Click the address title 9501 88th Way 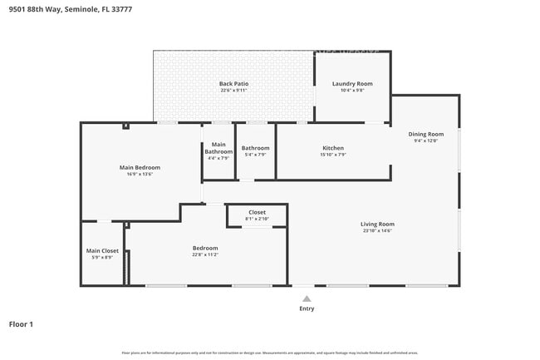tap(70, 9)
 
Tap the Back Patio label tap(233, 83)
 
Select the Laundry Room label tap(352, 83)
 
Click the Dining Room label tap(425, 134)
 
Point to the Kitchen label tap(332, 148)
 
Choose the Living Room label tap(377, 224)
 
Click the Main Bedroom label tap(139, 167)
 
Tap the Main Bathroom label tap(218, 148)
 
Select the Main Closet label tap(102, 250)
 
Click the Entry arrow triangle tap(307, 298)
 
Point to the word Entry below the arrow tap(307, 308)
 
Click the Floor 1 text tap(21, 323)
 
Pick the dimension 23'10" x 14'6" tap(377, 230)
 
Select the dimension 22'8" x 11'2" tap(205, 254)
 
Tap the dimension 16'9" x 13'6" tap(139, 174)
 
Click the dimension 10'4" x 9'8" tap(352, 90)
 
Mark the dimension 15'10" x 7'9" tap(332, 155)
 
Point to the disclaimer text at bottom tap(269, 353)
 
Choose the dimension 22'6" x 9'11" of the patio tap(233, 90)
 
